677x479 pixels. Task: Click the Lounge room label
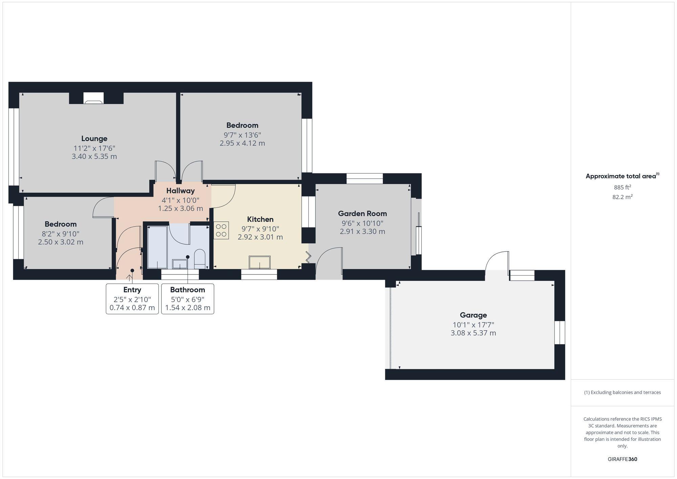(94, 138)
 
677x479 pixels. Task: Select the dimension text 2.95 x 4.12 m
(242, 143)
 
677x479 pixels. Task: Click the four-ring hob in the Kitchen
(221, 231)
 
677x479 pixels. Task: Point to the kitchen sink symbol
(260, 262)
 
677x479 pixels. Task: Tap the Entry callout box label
(132, 290)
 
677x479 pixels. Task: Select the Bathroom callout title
(188, 290)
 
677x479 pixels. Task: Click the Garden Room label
(362, 214)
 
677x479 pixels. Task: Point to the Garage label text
(473, 315)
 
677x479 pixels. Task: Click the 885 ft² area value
(622, 187)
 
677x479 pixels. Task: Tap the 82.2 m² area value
(622, 197)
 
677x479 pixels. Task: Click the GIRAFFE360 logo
(622, 459)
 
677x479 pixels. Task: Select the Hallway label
(180, 191)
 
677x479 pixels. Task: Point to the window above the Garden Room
(365, 178)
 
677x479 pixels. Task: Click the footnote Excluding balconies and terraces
(622, 392)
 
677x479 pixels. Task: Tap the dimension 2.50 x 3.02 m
(61, 242)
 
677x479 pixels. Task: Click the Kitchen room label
(260, 219)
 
